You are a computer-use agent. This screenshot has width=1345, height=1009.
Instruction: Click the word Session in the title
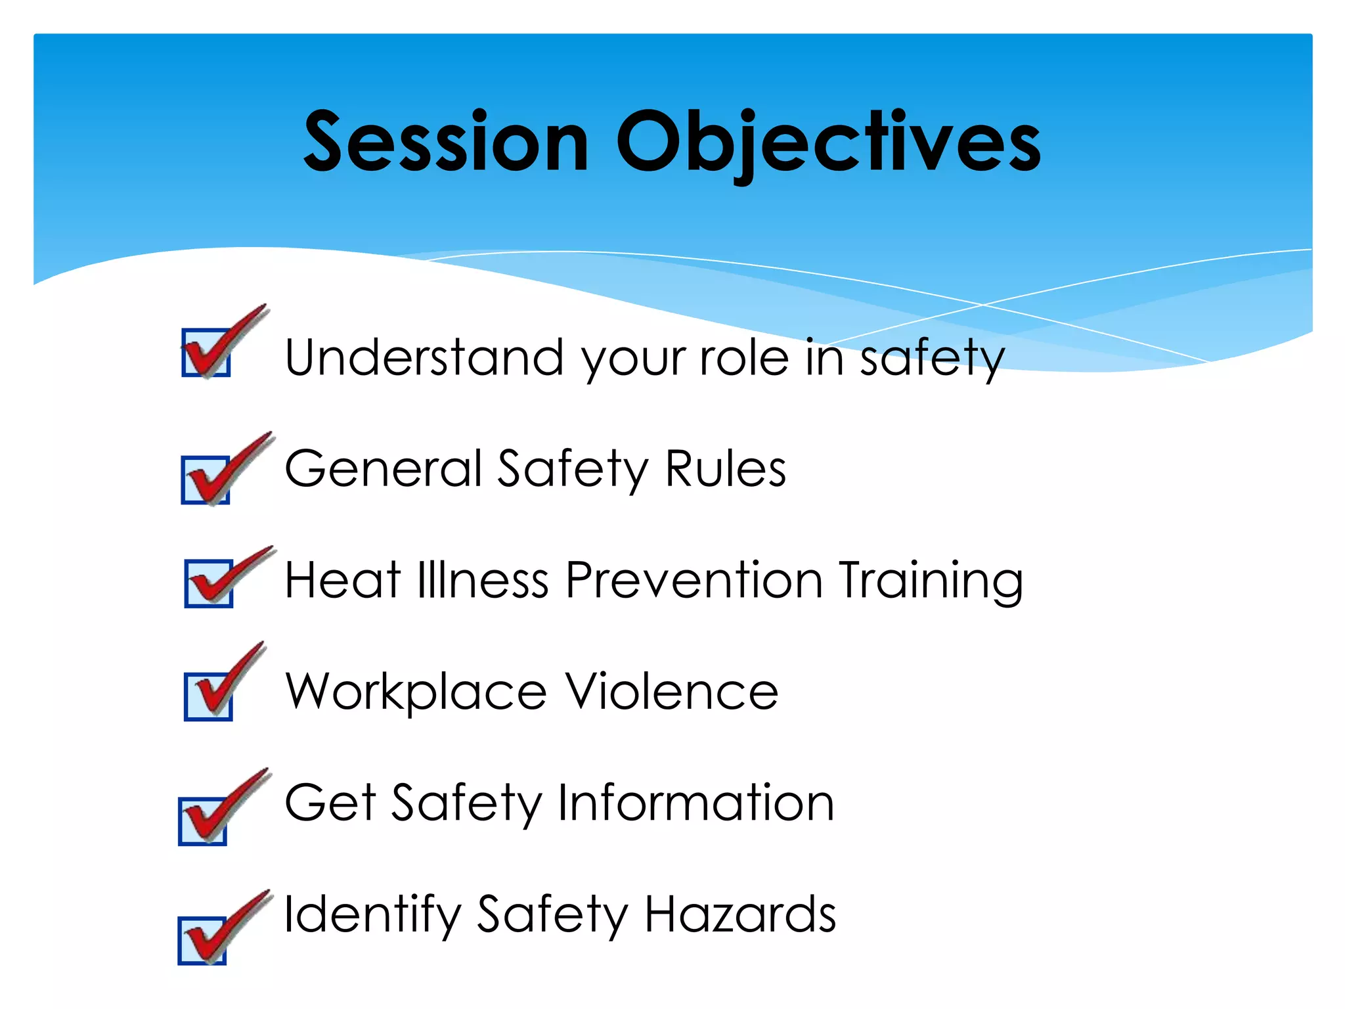(x=446, y=142)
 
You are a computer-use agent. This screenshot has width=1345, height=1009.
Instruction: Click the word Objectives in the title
(x=827, y=142)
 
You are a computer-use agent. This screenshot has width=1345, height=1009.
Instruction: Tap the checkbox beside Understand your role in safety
(x=206, y=353)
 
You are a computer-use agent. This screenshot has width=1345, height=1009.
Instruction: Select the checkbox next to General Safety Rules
(x=206, y=480)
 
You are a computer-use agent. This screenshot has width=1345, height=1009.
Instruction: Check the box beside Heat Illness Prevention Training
(x=209, y=583)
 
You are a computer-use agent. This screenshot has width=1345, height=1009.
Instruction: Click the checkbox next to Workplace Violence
(x=208, y=696)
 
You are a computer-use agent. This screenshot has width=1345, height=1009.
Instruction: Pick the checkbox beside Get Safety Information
(x=202, y=821)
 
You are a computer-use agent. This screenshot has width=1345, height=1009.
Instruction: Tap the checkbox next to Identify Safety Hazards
(x=202, y=941)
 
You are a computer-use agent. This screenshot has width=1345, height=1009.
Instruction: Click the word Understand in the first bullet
(x=424, y=357)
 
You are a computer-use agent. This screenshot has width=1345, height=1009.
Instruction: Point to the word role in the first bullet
(x=743, y=357)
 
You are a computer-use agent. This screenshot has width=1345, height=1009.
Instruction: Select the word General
(x=384, y=468)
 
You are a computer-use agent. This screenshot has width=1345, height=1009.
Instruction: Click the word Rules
(x=725, y=468)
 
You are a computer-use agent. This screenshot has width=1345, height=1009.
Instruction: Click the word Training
(x=931, y=581)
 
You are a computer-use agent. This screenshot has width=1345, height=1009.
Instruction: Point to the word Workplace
(x=416, y=692)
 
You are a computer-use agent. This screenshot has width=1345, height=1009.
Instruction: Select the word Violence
(x=672, y=691)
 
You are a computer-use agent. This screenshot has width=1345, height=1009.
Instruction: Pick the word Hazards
(x=740, y=914)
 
